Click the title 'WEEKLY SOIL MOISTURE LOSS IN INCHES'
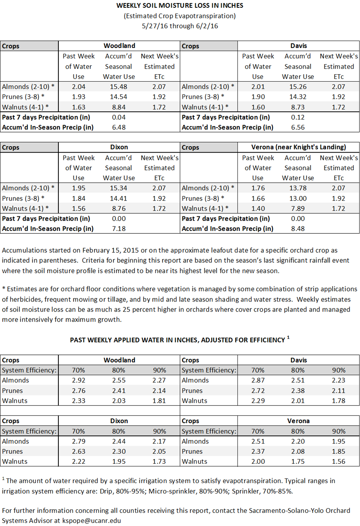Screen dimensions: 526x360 point(180,5)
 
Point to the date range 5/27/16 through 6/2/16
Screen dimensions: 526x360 point(180,26)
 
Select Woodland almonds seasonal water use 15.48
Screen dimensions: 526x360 point(118,87)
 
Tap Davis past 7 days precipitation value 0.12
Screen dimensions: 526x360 point(298,117)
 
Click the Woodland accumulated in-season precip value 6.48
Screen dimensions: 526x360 point(118,127)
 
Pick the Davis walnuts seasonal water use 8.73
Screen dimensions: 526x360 point(298,107)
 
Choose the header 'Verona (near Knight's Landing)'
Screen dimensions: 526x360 point(298,147)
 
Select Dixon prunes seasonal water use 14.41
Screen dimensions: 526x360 point(118,198)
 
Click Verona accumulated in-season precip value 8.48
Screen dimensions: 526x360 point(298,228)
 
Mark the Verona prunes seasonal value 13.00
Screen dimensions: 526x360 point(298,198)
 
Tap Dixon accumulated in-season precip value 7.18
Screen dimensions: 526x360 point(118,228)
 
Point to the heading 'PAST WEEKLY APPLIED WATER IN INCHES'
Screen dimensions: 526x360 point(177,340)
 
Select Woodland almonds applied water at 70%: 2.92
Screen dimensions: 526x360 point(78,380)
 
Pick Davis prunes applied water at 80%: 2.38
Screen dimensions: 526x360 point(298,391)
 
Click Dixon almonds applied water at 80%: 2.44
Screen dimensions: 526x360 point(118,441)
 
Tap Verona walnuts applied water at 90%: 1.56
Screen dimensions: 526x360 point(338,461)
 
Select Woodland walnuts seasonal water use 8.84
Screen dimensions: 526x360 point(118,107)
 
